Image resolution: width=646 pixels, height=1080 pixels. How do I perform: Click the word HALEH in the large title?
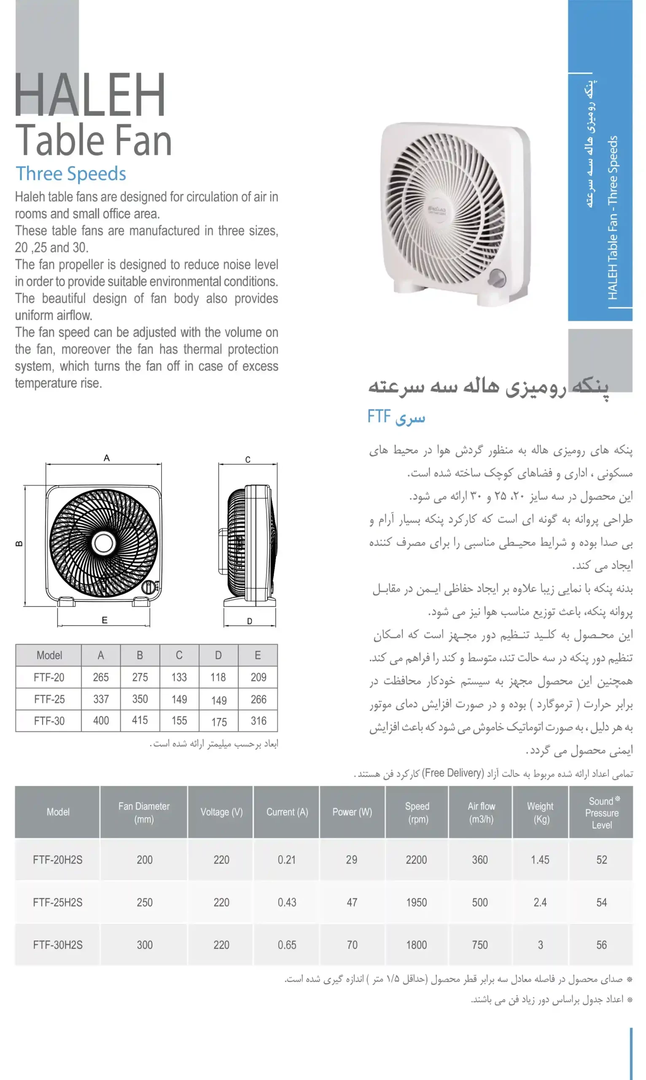tap(90, 94)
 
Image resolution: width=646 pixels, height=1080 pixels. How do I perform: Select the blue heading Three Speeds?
tap(70, 174)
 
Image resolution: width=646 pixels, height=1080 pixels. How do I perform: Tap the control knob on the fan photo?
tap(497, 278)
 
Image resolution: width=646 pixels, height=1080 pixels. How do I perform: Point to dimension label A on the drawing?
tap(107, 458)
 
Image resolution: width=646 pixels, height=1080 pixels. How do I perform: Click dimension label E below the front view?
tap(105, 620)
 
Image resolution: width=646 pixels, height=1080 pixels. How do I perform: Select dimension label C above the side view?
tap(248, 459)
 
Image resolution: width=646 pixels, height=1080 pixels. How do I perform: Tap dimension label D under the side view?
tap(250, 621)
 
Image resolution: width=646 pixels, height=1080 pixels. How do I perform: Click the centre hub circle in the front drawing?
tap(103, 543)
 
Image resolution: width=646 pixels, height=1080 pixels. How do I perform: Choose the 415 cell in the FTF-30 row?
tap(140, 720)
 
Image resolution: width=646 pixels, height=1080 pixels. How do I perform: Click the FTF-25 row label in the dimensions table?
tap(49, 699)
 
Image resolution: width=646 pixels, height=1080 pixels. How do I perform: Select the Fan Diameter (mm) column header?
tap(144, 812)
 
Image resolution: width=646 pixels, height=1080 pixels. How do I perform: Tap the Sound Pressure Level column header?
tap(602, 813)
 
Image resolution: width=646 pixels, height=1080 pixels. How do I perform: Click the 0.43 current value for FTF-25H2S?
tap(287, 902)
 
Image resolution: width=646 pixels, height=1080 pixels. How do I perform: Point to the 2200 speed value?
tap(416, 860)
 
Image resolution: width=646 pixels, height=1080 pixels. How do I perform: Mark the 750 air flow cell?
tap(480, 945)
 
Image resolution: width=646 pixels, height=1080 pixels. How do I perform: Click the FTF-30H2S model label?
tap(57, 945)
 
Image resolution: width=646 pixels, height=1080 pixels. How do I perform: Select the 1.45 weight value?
tap(540, 860)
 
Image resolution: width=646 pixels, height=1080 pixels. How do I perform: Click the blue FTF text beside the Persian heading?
tap(379, 416)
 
